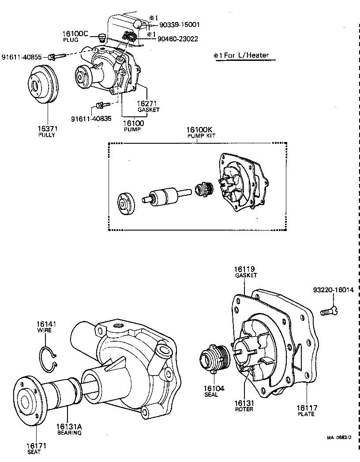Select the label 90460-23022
(x=178, y=39)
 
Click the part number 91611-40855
(x=22, y=57)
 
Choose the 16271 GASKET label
(x=148, y=106)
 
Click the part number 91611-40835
(x=91, y=119)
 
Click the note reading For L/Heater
(x=241, y=56)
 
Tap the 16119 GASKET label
(x=245, y=272)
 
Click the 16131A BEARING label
(x=69, y=429)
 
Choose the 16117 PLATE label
(x=306, y=410)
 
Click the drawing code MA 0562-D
(x=339, y=438)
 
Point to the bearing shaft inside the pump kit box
(x=165, y=196)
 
